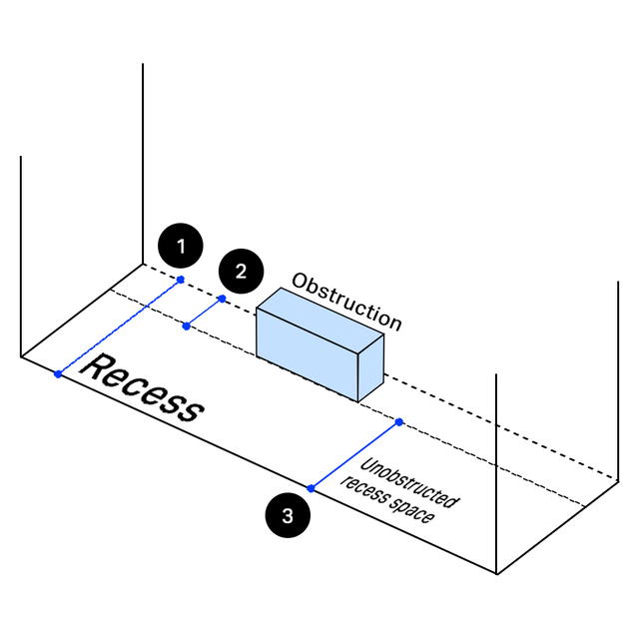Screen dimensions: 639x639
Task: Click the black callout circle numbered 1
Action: [180, 246]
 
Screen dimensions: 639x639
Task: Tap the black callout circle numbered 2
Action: [241, 271]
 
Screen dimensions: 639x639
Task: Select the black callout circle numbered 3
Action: [288, 516]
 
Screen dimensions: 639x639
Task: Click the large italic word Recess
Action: [141, 387]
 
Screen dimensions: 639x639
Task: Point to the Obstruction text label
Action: [346, 301]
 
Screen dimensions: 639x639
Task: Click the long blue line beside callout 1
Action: [119, 326]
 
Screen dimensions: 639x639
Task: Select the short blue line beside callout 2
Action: [204, 313]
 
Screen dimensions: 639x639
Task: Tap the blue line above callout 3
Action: [354, 455]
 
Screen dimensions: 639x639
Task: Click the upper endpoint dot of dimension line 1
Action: [181, 280]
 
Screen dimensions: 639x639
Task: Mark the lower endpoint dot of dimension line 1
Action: [58, 374]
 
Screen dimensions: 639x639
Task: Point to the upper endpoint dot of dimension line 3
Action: [398, 422]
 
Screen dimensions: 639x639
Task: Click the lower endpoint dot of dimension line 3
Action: [311, 488]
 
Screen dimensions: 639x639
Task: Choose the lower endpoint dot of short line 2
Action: [186, 326]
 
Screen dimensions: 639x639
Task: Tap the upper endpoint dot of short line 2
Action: [222, 299]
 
